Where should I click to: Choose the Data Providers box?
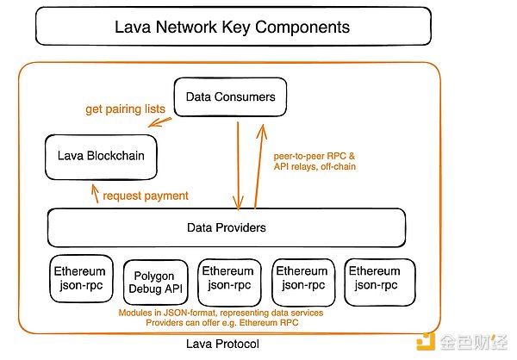point(226,228)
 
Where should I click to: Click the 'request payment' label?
point(145,196)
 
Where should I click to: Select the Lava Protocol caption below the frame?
point(222,344)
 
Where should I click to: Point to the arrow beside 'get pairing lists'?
point(159,122)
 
